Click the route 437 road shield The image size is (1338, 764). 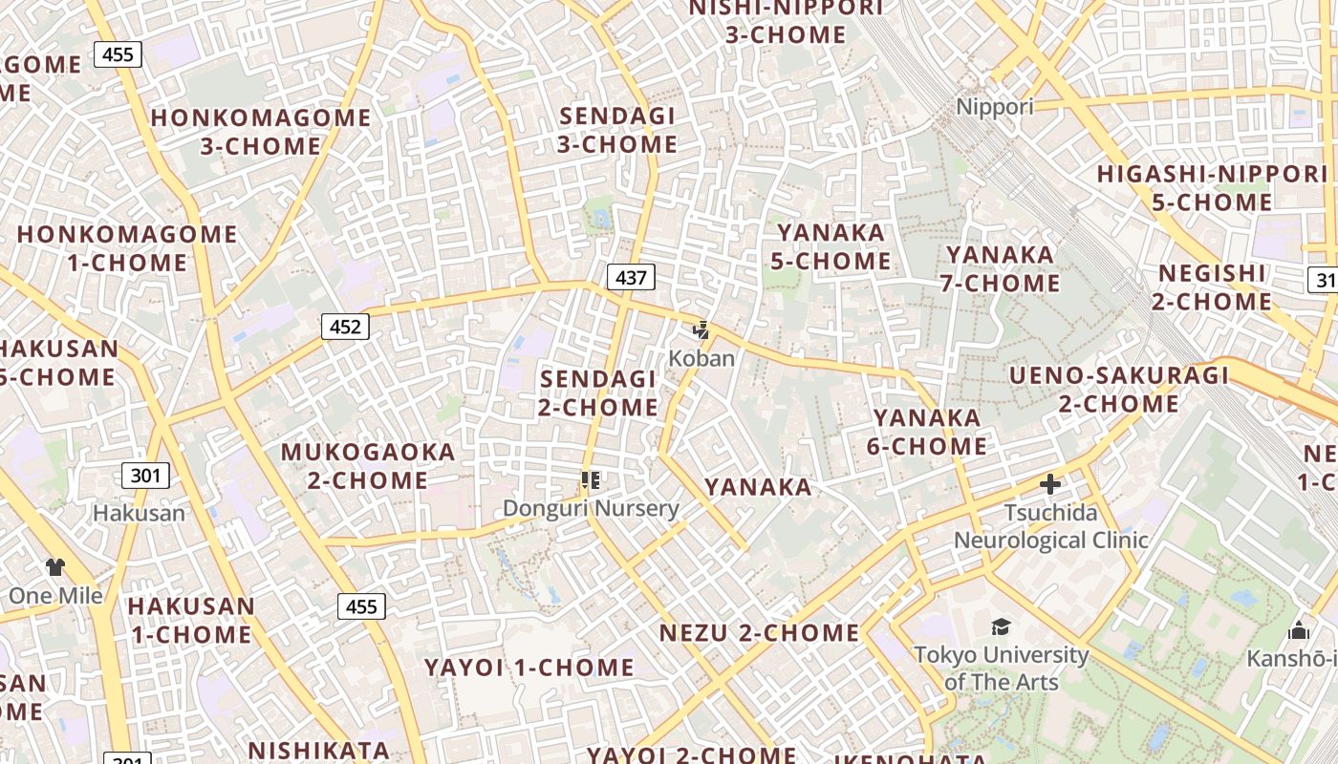click(631, 278)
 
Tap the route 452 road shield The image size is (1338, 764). click(345, 328)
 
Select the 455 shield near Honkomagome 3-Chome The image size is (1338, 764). click(118, 54)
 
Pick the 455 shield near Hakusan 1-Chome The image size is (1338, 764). click(361, 605)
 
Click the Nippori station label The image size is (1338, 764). click(995, 106)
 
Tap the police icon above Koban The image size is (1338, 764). click(702, 331)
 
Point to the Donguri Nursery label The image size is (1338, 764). click(591, 508)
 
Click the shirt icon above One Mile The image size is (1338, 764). click(55, 567)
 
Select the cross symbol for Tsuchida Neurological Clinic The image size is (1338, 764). click(1050, 484)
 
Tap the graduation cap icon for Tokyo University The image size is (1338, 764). click(1001, 626)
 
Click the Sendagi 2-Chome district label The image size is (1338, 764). click(598, 393)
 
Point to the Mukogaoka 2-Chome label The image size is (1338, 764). click(368, 465)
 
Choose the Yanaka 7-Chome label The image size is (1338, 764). click(1003, 269)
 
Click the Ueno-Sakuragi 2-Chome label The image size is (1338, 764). click(1119, 390)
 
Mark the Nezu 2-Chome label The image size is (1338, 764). click(759, 633)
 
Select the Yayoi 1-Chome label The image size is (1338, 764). click(529, 668)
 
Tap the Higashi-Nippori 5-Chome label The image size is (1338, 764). click(1212, 188)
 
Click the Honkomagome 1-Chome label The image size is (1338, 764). click(127, 248)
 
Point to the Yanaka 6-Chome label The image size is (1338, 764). click(927, 432)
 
